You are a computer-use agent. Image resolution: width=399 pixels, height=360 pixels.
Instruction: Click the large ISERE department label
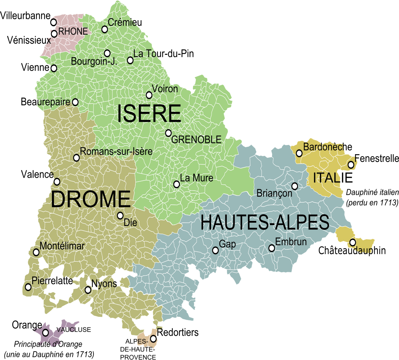click(149, 114)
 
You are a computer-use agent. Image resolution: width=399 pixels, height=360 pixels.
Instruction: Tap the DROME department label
click(91, 199)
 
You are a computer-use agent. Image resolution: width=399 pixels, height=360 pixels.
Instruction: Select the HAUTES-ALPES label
click(265, 223)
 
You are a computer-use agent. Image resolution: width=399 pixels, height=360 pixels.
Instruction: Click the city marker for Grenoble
click(168, 133)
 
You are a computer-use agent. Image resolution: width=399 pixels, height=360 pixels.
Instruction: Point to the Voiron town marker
click(149, 95)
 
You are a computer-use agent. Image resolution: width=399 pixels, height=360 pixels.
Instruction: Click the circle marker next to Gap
click(215, 250)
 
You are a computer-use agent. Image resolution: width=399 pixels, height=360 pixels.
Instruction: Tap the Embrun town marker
click(272, 248)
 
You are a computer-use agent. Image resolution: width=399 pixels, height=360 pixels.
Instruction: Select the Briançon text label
click(274, 194)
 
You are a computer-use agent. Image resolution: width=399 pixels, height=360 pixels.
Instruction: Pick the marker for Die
click(120, 215)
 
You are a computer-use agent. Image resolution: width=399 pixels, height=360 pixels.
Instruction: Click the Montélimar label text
click(62, 246)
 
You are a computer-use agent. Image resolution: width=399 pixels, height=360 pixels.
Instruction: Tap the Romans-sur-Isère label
click(116, 152)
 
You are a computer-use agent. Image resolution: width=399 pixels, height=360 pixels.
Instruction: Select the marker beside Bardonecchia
click(299, 153)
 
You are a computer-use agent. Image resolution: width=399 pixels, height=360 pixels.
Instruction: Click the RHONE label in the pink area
click(73, 32)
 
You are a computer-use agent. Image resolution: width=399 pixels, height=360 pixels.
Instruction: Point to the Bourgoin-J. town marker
click(107, 53)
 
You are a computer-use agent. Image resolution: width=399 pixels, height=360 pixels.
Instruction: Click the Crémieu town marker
click(104, 29)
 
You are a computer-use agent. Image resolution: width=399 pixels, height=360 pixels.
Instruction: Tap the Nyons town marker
click(88, 290)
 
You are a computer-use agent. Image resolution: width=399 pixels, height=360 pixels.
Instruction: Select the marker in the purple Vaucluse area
click(45, 333)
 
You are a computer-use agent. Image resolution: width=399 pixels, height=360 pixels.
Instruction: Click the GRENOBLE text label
click(196, 140)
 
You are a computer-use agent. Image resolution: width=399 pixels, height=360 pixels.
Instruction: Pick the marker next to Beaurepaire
click(75, 102)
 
